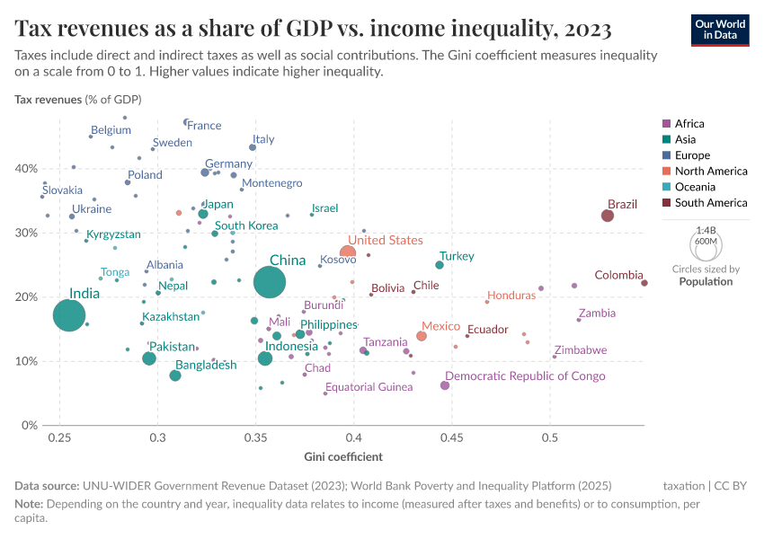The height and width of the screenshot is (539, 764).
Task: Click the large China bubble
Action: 270,282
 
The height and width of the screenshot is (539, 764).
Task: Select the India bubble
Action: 69,315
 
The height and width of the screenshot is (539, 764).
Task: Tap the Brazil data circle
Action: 608,216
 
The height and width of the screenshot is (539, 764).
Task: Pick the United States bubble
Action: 348,252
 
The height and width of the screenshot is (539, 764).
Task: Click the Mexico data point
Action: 422,336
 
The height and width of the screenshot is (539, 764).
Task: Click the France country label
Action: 204,126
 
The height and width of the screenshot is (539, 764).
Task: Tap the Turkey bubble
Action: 440,265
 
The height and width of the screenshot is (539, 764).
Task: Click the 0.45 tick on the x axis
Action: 452,437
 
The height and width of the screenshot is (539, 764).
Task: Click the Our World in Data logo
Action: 720,29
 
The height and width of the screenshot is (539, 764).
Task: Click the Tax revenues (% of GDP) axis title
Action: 77,99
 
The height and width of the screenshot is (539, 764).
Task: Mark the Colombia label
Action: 618,275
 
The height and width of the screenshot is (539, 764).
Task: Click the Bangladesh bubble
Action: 175,376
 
